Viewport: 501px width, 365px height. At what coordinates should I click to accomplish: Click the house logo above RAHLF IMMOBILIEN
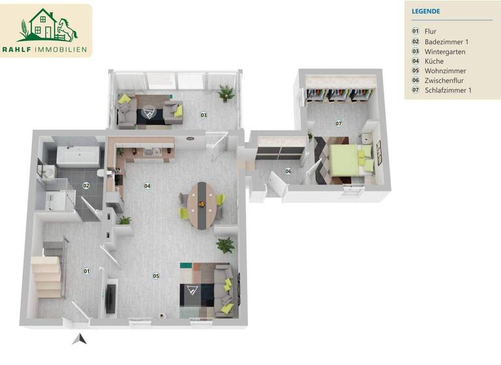point(48,25)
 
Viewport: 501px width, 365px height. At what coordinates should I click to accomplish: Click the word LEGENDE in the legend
point(426,11)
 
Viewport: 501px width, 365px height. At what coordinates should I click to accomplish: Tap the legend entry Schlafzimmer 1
point(448,91)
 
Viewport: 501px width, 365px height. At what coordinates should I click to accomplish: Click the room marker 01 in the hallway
point(85,270)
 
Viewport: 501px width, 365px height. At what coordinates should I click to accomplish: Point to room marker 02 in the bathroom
point(85,186)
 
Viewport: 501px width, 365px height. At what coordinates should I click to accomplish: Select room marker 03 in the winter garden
point(204,115)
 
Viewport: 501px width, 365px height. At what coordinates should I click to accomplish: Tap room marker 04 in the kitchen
point(147,186)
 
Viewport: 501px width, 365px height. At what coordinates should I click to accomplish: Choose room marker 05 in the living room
point(156,276)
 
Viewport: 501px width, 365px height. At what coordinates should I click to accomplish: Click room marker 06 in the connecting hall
point(288,171)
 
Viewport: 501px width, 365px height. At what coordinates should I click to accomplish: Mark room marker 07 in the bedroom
point(339,123)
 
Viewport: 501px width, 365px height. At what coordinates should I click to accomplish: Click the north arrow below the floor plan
point(80,338)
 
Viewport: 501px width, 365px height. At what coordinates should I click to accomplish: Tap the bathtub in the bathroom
point(77,156)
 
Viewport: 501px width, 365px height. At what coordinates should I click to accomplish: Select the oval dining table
point(202,203)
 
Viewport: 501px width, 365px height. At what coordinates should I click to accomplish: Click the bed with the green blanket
point(346,160)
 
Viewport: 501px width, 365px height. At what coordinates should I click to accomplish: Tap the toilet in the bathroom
point(100,173)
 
